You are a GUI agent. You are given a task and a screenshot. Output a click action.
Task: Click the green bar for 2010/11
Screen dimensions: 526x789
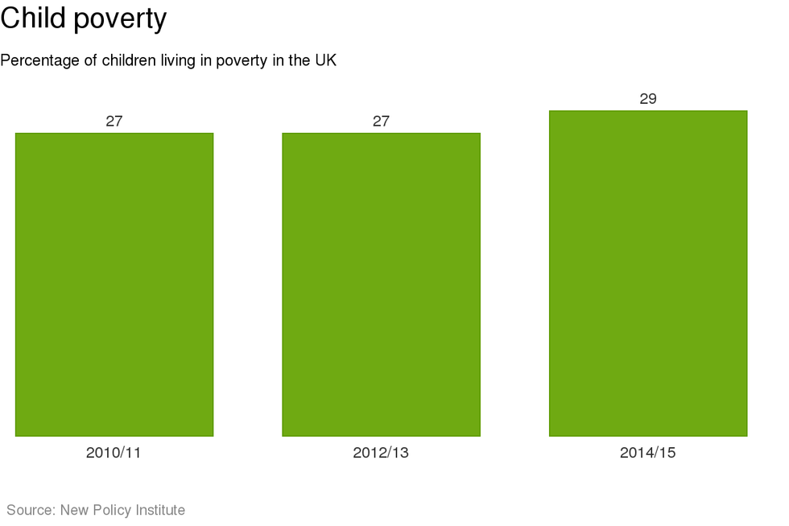tap(114, 284)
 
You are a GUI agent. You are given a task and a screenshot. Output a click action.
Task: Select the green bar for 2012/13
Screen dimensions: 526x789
tap(381, 284)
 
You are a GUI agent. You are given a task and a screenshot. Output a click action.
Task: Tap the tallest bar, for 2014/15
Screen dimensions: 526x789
tap(648, 273)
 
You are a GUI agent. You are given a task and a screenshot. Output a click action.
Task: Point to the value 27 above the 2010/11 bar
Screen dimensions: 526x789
tap(114, 122)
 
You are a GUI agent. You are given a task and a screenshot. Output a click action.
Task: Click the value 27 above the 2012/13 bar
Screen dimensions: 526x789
tap(381, 122)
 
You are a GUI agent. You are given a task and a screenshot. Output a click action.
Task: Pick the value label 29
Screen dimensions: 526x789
tap(648, 99)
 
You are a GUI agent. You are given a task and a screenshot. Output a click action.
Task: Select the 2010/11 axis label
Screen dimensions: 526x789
tap(114, 453)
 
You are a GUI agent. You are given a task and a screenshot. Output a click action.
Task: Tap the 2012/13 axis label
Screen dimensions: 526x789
tap(381, 453)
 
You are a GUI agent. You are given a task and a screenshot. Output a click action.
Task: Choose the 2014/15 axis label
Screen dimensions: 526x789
tap(648, 453)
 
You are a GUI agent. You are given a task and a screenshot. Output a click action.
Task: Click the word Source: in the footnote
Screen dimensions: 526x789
tap(31, 510)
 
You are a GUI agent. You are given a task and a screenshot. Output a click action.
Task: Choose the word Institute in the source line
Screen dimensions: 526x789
tap(159, 510)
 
